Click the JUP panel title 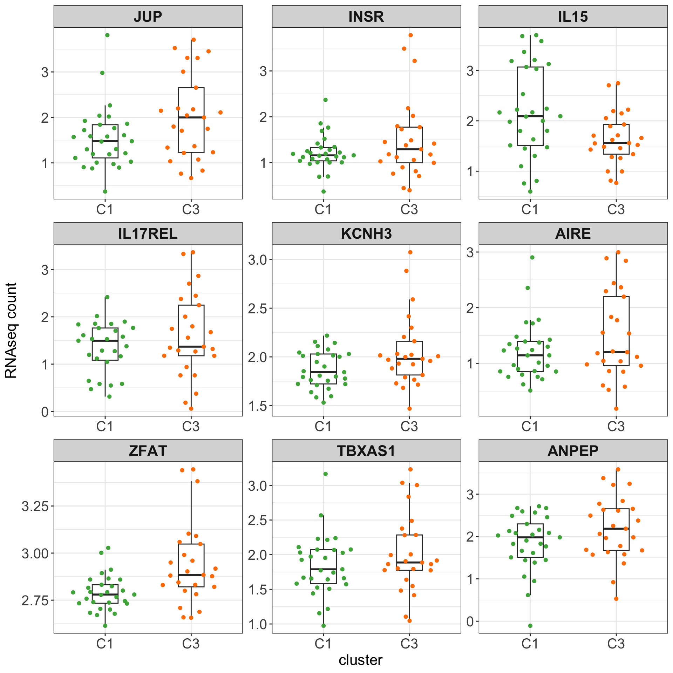pos(148,16)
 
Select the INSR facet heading pos(366,16)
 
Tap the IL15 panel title pos(573,16)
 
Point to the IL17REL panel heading pos(148,233)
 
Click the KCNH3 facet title pos(366,233)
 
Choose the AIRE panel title pos(573,233)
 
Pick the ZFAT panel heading pos(148,451)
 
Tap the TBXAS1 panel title pos(366,451)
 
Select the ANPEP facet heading pos(573,451)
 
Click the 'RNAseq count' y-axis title pos(11,331)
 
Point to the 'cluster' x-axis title pos(360,660)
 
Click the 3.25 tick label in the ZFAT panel pos(35,507)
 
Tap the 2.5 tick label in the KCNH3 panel pos(258,308)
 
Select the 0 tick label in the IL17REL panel pos(45,412)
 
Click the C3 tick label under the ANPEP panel pos(616,644)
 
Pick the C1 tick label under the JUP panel pos(105,210)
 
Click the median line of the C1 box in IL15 pos(530,116)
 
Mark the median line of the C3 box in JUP pos(191,117)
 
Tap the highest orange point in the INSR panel pos(410,35)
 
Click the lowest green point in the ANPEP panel pos(530,626)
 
